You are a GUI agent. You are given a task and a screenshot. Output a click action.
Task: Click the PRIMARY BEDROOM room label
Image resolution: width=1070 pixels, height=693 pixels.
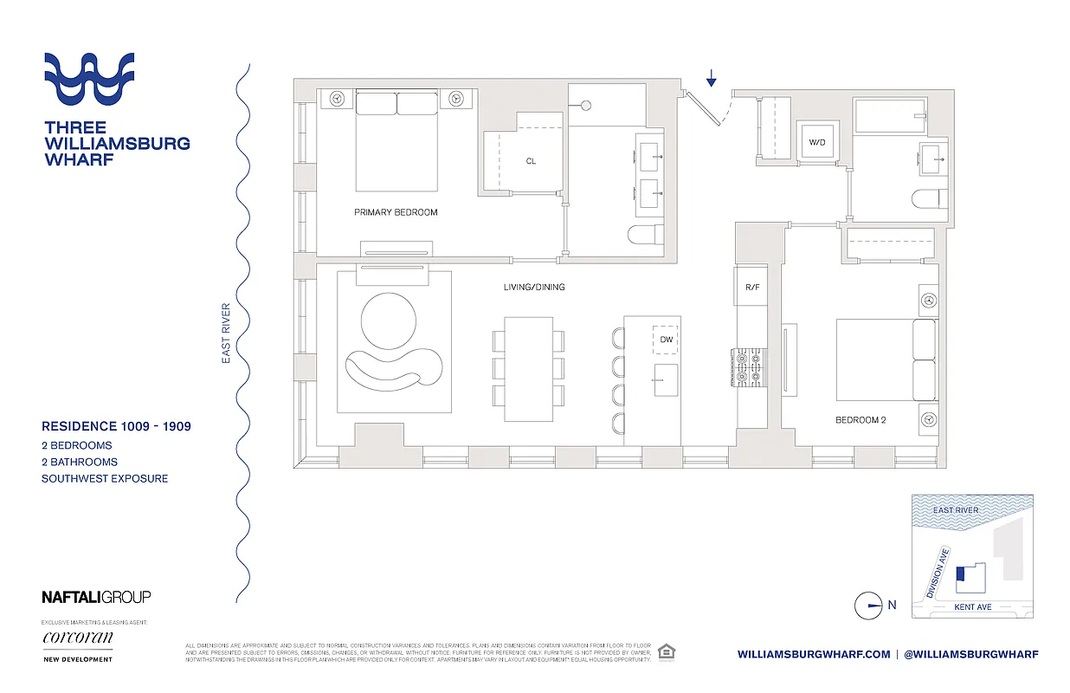coord(396,212)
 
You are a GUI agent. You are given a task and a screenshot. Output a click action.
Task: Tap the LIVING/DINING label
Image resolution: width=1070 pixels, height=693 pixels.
coord(534,287)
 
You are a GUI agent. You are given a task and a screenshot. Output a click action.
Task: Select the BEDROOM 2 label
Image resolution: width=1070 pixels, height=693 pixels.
coord(861,419)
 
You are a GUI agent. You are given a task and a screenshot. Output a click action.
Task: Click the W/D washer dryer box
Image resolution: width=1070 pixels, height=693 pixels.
coord(816,141)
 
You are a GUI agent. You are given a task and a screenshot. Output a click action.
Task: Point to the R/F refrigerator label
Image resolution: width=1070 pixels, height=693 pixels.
coord(751,287)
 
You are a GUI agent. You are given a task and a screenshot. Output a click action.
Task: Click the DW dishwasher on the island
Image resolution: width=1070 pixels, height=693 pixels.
coord(666,340)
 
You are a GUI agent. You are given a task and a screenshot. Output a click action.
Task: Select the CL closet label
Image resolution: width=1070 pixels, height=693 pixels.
coord(531,161)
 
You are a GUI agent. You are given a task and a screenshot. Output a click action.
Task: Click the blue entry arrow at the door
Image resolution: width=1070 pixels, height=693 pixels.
coord(711,80)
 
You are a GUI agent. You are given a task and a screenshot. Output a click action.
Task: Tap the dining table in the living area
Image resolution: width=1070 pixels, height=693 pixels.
coord(528,369)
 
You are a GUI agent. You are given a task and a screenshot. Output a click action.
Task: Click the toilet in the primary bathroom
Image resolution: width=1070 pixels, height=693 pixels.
coord(644,235)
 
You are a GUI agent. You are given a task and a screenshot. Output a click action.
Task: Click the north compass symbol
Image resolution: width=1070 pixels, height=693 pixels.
coord(868,606)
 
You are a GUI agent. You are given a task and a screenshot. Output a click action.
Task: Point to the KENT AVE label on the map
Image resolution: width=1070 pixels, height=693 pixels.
coord(972,607)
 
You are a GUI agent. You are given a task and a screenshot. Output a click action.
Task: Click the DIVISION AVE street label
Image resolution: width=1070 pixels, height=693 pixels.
coord(938,573)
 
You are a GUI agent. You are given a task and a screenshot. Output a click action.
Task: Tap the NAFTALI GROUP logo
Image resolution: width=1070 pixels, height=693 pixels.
coord(96,597)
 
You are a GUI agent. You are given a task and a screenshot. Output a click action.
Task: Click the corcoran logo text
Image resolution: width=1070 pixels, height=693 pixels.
coord(77,638)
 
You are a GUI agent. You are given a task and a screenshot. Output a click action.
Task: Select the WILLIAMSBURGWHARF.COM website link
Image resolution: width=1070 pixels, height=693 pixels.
coord(814,654)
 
